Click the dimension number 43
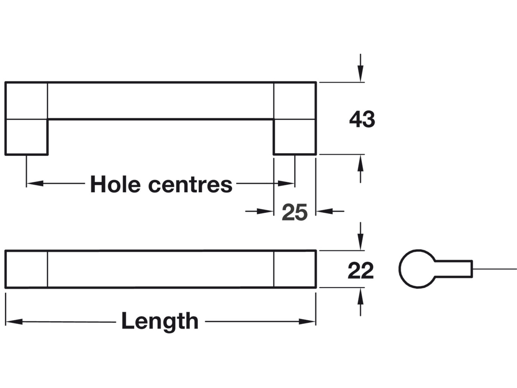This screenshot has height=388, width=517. coord(362,119)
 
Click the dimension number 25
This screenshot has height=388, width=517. coord(294,212)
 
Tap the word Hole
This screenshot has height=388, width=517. coord(115,184)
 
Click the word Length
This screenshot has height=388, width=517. coord(160,321)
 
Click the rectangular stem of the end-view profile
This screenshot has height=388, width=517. coord(454,269)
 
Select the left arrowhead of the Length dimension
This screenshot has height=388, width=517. coord(14,322)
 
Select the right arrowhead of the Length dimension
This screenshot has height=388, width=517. coord(307,322)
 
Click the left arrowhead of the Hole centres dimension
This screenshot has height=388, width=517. coord(35,183)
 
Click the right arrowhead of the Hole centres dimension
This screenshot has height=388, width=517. coord(286,183)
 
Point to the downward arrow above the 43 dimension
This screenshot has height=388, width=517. coord(360,73)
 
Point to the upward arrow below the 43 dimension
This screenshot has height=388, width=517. coord(360,164)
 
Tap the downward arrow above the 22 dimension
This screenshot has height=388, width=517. coord(360,241)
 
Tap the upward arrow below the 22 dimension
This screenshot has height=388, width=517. coord(360,297)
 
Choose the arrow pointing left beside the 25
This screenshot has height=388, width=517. coord(325,212)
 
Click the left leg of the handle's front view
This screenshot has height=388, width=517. coord(26,137)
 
